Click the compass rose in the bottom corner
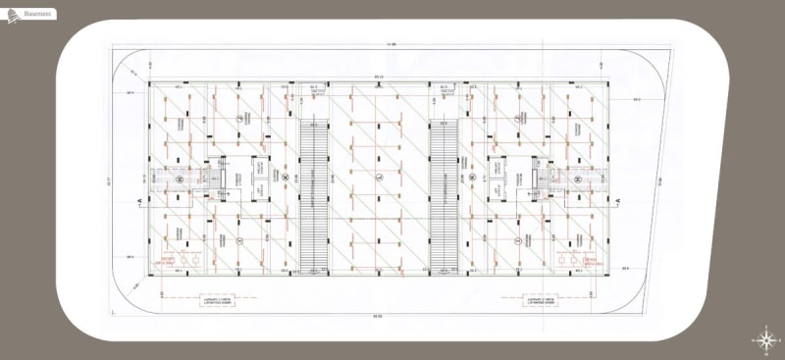coord(765,338)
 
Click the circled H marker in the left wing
coord(180,180)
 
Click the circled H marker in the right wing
coord(579,180)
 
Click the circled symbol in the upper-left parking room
coord(238,117)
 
